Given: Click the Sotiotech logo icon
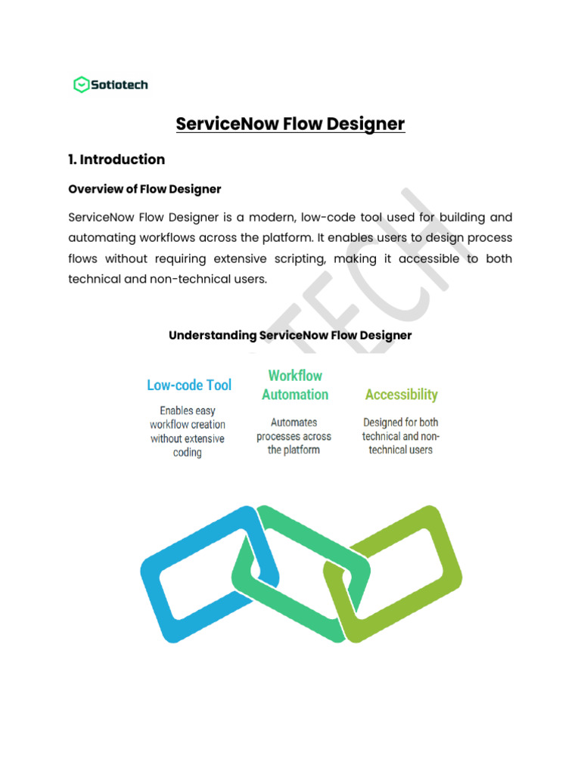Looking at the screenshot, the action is click(x=81, y=85).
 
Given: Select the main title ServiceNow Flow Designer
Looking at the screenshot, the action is click(x=290, y=123).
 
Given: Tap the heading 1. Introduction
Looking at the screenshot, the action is click(x=117, y=159).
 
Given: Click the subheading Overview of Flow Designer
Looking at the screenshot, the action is click(x=144, y=188).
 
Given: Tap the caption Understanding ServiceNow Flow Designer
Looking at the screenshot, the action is click(x=290, y=335).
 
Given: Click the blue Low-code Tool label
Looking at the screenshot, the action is click(x=189, y=385).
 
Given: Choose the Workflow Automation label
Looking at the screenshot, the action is click(x=295, y=385).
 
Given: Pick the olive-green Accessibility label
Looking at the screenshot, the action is click(x=401, y=395).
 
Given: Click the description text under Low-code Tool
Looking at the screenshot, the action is click(x=188, y=432).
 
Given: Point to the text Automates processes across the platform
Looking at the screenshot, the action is click(x=294, y=436).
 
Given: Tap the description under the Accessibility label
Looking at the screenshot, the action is click(x=400, y=436).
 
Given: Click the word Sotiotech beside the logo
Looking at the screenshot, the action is click(x=120, y=85).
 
